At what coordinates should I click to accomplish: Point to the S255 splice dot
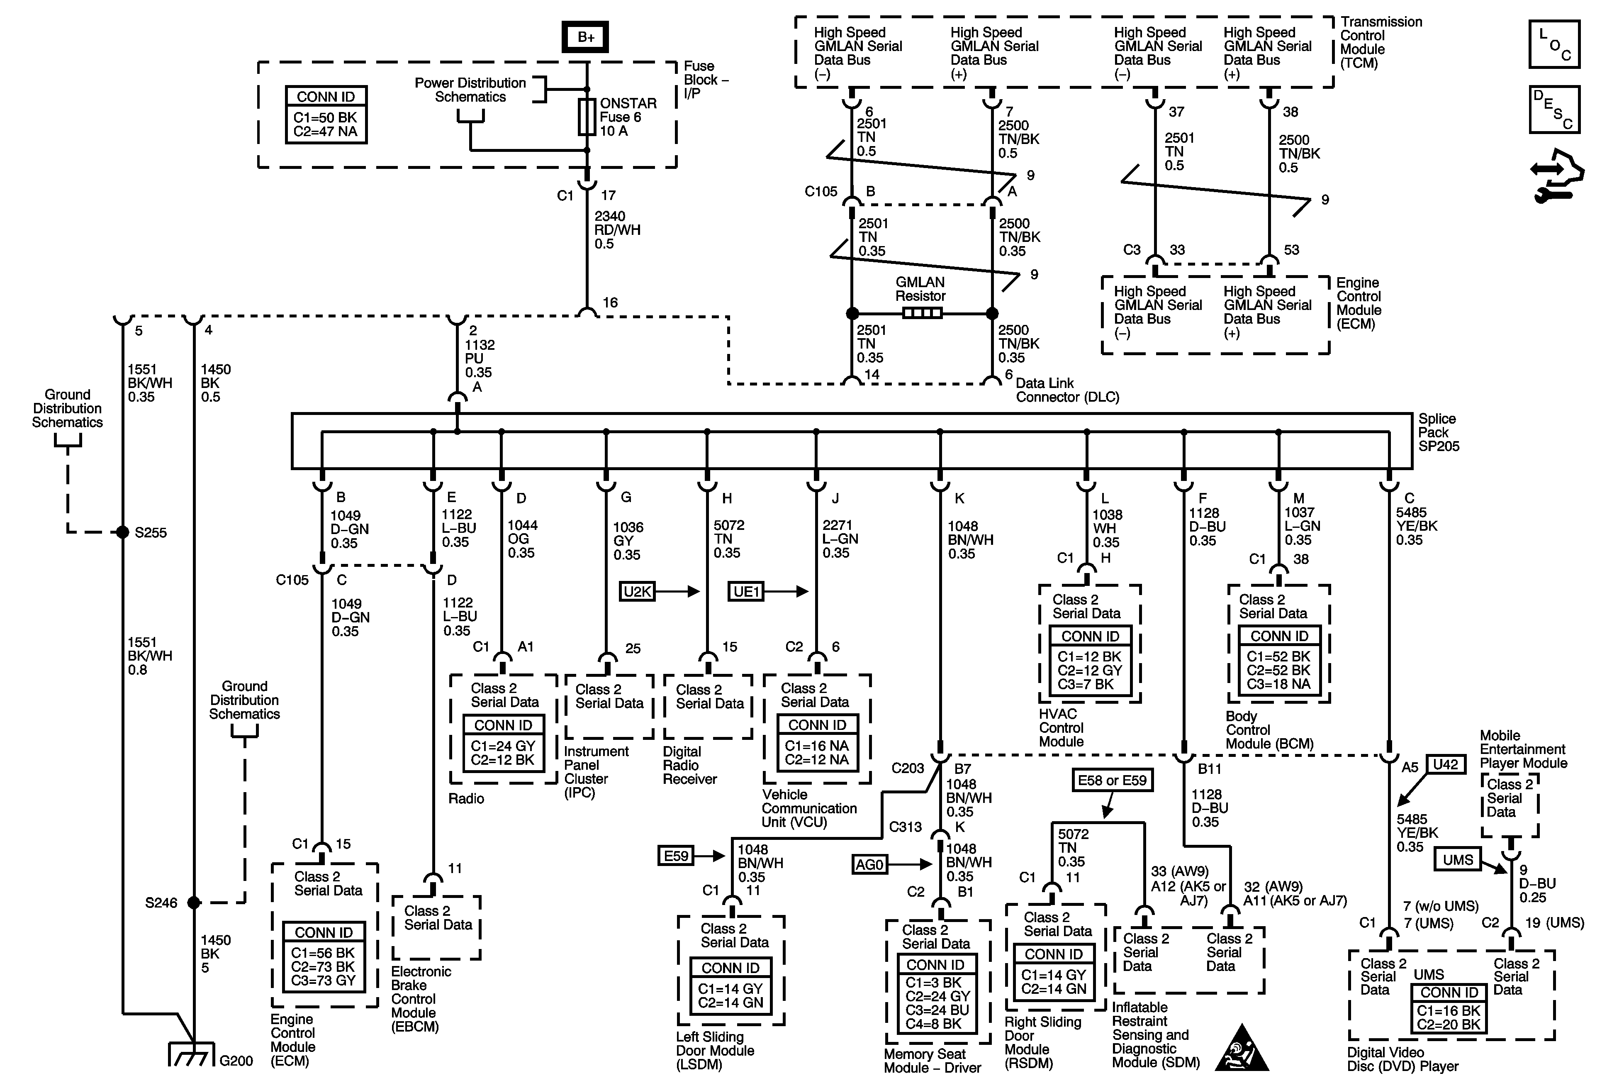[122, 532]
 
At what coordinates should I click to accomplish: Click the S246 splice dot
[194, 902]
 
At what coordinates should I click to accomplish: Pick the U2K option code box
[637, 591]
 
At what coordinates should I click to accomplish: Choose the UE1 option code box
[746, 591]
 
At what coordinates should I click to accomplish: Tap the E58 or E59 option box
[1112, 780]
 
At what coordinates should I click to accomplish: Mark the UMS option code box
[1458, 860]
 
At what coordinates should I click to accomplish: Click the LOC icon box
[1554, 44]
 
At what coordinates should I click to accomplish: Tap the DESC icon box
[1554, 109]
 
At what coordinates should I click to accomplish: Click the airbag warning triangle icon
[1242, 1049]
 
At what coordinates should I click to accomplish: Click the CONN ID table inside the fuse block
[326, 115]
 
